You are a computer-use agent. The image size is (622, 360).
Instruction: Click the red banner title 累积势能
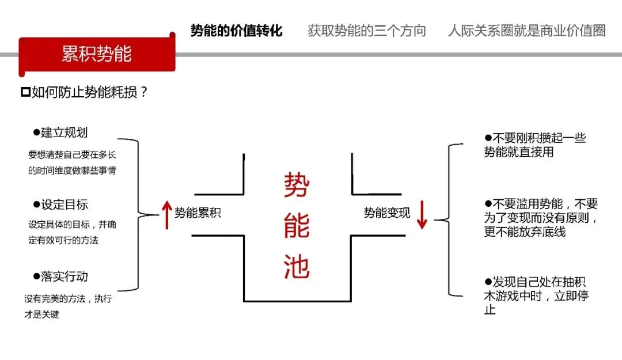coord(96,54)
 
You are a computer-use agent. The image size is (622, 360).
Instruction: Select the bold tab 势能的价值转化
coord(236,31)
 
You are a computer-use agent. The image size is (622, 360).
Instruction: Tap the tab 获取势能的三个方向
coord(367,31)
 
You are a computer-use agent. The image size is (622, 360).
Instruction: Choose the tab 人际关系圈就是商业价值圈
coord(526,31)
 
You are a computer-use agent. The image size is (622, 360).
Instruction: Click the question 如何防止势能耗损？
coord(90,92)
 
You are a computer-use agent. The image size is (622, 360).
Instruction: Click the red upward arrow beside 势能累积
coord(167,214)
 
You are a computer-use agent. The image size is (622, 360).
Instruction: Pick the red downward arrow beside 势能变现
coord(422,214)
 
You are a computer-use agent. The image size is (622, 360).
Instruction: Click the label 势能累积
coord(198,213)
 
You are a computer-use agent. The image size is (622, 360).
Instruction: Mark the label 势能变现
coord(386,213)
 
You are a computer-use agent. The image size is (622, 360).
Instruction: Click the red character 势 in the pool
coord(297,185)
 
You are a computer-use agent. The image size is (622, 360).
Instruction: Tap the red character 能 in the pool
coord(297,226)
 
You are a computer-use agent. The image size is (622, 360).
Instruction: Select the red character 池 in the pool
coord(297,267)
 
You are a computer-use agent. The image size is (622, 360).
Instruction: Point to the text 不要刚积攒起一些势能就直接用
coord(534,145)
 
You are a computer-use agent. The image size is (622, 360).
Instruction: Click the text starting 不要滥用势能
coord(540,218)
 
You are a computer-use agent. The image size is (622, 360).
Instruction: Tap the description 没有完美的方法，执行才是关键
coord(68,306)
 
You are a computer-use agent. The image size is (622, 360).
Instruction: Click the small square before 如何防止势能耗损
coord(25,92)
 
